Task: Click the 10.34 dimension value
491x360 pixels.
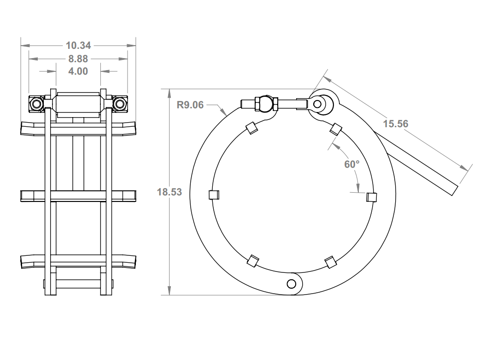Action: [78, 45]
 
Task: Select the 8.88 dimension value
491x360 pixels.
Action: [78, 59]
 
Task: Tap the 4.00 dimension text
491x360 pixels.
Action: [78, 71]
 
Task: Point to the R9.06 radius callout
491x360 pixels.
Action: [190, 105]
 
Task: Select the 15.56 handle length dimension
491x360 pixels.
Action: [396, 124]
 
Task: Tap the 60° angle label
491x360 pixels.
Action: [351, 164]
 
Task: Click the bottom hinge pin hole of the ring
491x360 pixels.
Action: [291, 283]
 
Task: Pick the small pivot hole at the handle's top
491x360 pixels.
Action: [317, 104]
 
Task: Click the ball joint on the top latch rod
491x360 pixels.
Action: [265, 103]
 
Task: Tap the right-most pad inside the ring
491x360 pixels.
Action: [371, 197]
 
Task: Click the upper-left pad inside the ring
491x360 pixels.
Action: [251, 128]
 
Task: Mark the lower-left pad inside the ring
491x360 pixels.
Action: [252, 261]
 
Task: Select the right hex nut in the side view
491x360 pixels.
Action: [120, 104]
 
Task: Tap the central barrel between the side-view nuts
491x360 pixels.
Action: [78, 103]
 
